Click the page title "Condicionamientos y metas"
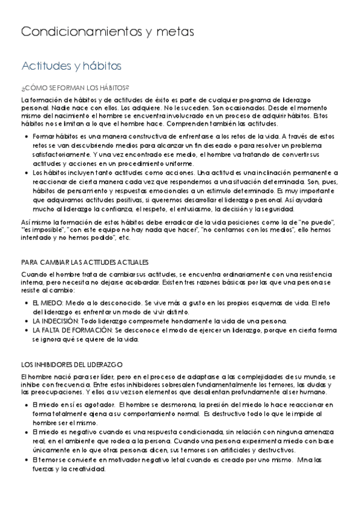108,32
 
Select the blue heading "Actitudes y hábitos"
72,65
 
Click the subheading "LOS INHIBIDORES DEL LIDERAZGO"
72,364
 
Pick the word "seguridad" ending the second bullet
276,209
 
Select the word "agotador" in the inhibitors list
94,404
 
